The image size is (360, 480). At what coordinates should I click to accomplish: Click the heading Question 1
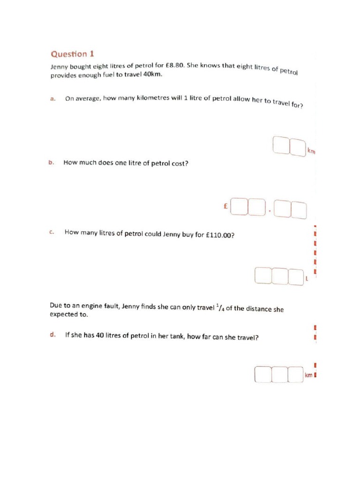click(x=72, y=54)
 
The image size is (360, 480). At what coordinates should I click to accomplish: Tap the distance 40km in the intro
click(x=152, y=74)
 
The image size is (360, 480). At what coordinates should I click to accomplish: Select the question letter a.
click(x=52, y=98)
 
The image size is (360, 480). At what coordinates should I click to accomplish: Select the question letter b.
click(x=51, y=162)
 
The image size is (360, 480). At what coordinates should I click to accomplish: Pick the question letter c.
click(x=52, y=232)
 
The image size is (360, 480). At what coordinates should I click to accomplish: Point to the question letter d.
click(x=52, y=334)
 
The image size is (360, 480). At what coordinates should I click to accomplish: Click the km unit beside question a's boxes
click(x=311, y=151)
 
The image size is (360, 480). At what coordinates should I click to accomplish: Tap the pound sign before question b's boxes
click(x=225, y=206)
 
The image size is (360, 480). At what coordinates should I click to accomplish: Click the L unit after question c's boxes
click(x=307, y=278)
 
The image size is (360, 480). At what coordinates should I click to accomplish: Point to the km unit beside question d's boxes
click(x=308, y=375)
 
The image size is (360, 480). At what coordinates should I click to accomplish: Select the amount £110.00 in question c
click(x=220, y=235)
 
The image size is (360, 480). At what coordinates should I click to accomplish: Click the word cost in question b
click(x=180, y=164)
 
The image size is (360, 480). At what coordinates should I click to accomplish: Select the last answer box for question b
click(x=299, y=210)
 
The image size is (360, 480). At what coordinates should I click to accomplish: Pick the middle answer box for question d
click(x=279, y=374)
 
